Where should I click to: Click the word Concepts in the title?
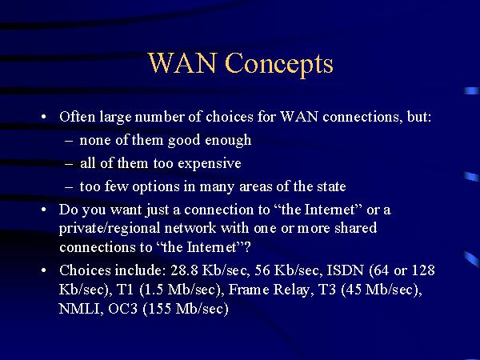click(279, 63)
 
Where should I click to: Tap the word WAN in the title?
click(182, 62)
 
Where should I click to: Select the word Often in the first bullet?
click(77, 116)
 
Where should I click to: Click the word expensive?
click(210, 163)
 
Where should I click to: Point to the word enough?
click(228, 140)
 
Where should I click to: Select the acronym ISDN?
click(346, 270)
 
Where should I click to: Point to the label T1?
click(126, 290)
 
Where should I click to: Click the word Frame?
click(249, 290)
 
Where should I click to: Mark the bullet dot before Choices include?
click(44, 270)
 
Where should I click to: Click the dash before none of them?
click(69, 141)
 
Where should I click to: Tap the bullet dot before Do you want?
click(44, 210)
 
